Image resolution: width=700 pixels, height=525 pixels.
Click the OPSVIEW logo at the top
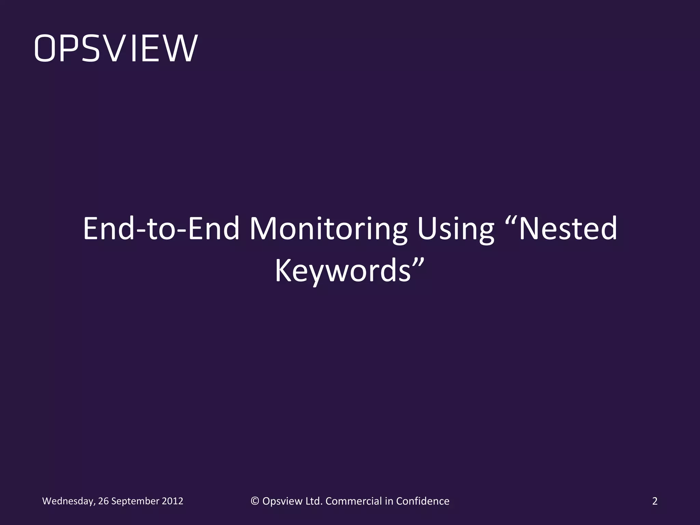pyautogui.click(x=116, y=48)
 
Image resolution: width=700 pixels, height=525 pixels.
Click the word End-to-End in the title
pyautogui.click(x=161, y=228)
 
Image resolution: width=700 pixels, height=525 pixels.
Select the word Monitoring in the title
pyautogui.click(x=328, y=228)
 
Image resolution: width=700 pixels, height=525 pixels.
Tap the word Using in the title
pyautogui.click(x=456, y=228)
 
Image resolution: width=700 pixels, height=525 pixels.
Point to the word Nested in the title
pyautogui.click(x=568, y=228)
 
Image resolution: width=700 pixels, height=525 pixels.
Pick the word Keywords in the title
pyautogui.click(x=342, y=270)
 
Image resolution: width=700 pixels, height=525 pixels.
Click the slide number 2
pyautogui.click(x=655, y=501)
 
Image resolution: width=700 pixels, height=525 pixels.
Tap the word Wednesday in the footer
pyautogui.click(x=67, y=501)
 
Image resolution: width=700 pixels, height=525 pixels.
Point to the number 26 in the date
pyautogui.click(x=103, y=501)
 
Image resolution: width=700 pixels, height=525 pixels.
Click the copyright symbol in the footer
pyautogui.click(x=255, y=501)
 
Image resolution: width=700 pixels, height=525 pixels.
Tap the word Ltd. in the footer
pyautogui.click(x=314, y=501)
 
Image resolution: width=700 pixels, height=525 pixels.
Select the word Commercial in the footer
pyautogui.click(x=353, y=501)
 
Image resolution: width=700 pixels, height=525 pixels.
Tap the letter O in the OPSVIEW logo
pyautogui.click(x=45, y=48)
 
